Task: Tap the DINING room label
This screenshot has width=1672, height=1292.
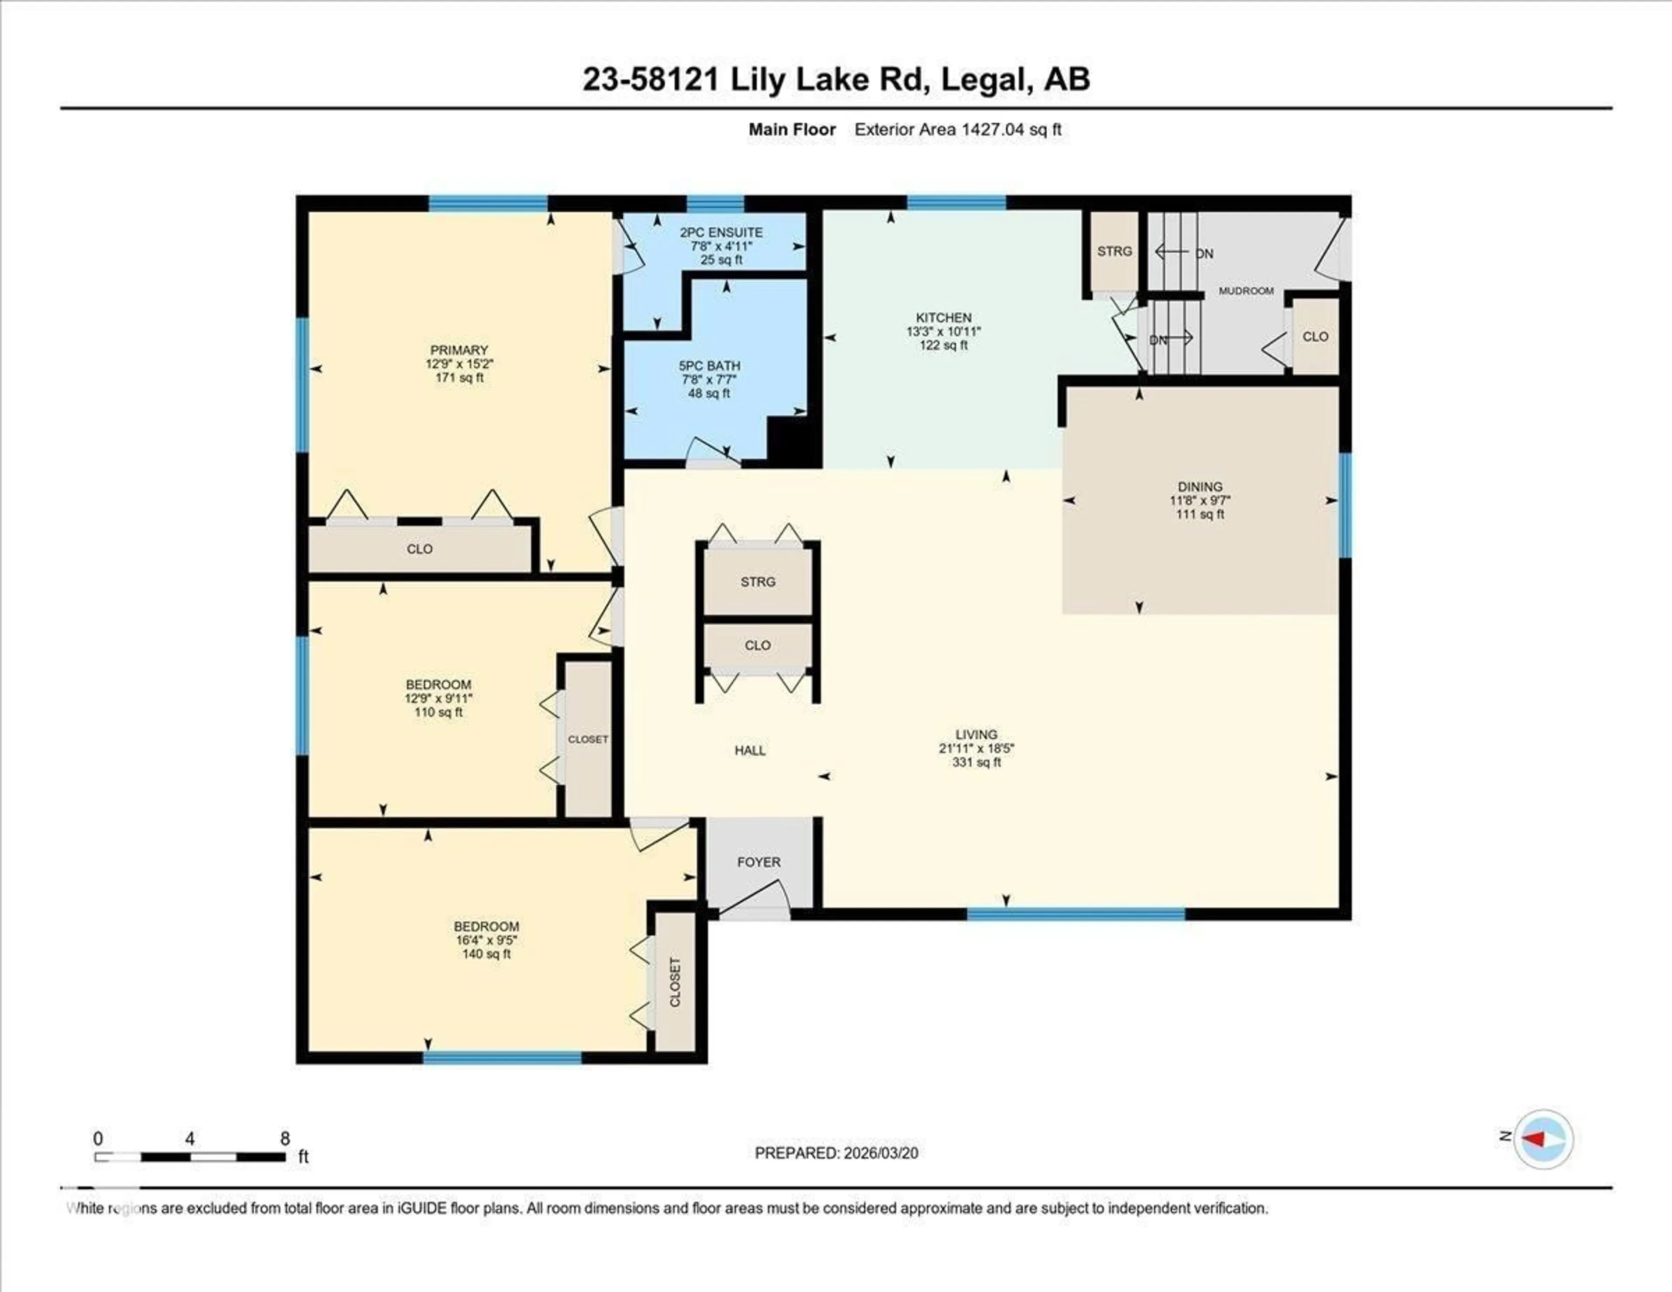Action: click(1200, 486)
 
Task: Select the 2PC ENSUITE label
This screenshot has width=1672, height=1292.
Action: click(721, 232)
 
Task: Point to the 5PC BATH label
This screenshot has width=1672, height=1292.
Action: click(709, 366)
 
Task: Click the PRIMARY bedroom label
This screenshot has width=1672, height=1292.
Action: click(458, 350)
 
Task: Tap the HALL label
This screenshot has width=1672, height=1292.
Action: click(749, 751)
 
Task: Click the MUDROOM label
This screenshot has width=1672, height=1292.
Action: click(1246, 291)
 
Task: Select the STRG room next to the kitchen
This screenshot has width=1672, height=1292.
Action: click(1114, 251)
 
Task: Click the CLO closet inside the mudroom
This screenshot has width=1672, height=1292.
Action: click(1315, 336)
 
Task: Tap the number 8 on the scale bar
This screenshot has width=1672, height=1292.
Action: click(285, 1138)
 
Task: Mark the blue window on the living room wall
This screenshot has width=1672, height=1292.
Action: click(1075, 913)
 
